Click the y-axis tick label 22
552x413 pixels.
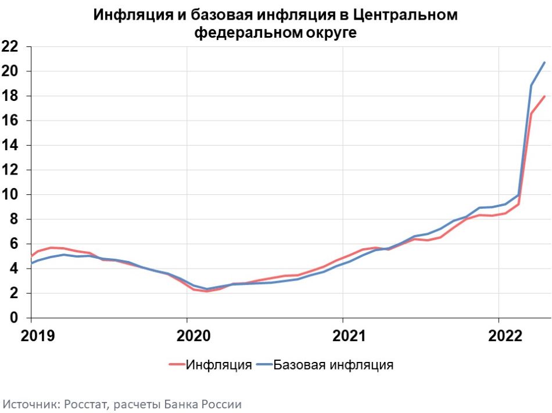10,46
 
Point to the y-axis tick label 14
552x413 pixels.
10,145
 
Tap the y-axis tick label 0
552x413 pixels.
14,318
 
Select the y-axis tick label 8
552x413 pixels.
14,219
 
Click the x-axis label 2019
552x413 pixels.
38,336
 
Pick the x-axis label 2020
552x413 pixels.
193,336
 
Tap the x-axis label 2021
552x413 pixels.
349,336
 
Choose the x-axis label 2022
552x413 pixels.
505,336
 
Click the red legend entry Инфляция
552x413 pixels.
210,365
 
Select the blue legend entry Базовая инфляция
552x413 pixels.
325,365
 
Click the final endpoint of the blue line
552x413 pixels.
544,62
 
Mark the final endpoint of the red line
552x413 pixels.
544,96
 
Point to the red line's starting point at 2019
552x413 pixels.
31,256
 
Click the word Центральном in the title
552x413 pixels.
404,15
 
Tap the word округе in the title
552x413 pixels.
331,32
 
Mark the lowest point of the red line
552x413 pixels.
206,291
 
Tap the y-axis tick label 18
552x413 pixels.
10,96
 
